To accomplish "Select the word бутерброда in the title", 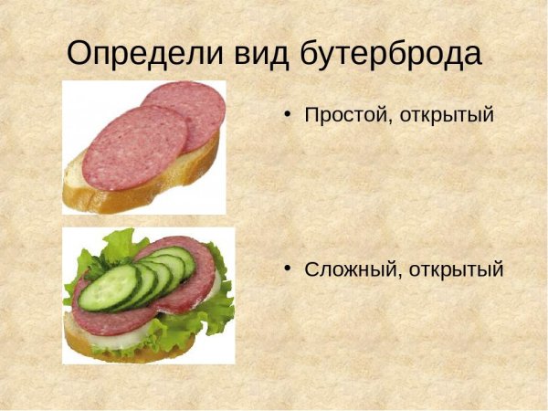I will (x=390, y=54).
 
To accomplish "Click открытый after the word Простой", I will (x=447, y=116).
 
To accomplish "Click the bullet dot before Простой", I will (x=287, y=115).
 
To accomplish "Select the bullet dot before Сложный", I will (x=287, y=269).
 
